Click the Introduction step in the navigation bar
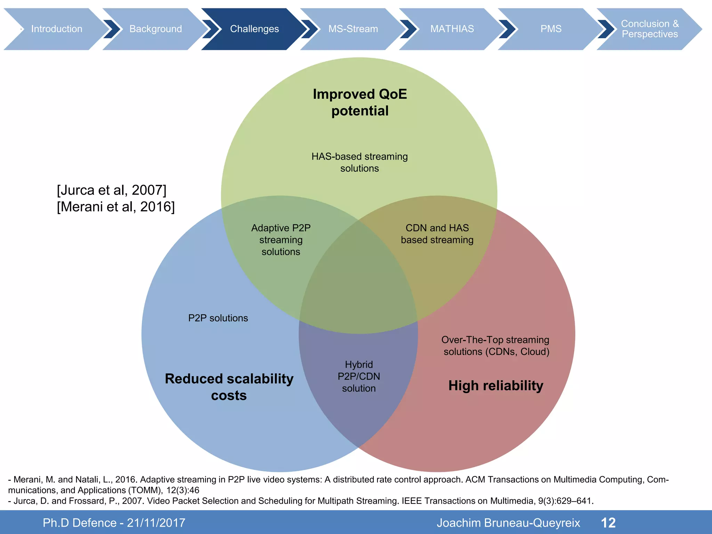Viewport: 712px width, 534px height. point(57,29)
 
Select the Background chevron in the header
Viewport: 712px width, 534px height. point(155,29)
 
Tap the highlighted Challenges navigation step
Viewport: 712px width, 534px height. point(254,29)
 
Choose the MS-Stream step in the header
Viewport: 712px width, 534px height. point(353,29)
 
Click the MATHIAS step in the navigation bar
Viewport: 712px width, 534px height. point(452,29)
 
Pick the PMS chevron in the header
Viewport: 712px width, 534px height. point(551,29)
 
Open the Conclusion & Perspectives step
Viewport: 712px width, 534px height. point(649,29)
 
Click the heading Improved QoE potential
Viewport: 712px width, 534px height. point(360,103)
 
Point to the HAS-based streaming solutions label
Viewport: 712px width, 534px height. point(359,162)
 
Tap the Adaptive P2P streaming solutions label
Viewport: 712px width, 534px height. point(281,240)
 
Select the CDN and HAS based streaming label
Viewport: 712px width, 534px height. point(437,234)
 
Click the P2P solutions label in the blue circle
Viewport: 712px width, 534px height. point(218,318)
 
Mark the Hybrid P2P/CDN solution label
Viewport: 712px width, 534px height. point(359,377)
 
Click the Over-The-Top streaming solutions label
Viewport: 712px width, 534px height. point(495,346)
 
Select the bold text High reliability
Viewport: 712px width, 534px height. point(496,386)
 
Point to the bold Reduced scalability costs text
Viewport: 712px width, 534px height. point(229,387)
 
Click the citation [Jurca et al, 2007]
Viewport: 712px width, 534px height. point(112,190)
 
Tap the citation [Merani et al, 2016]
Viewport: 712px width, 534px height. point(116,207)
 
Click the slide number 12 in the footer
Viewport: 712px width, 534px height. point(608,523)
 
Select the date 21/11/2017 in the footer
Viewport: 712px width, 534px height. point(156,523)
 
